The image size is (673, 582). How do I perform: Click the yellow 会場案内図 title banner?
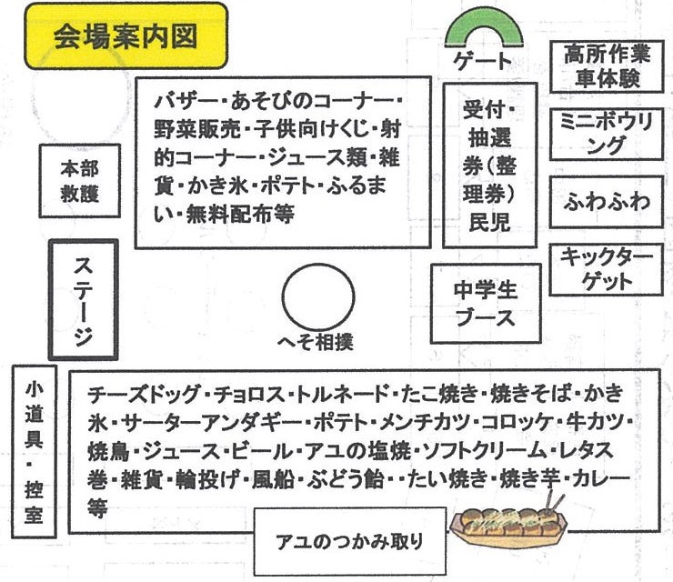tap(125, 36)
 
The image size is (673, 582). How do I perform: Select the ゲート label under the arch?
tap(482, 63)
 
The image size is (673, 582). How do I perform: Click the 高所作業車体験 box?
tap(607, 65)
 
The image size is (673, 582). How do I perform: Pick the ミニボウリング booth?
tap(607, 134)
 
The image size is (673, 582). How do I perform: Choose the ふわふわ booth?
tap(607, 201)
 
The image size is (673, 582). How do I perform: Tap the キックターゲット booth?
tap(607, 268)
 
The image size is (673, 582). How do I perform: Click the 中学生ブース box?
tap(485, 303)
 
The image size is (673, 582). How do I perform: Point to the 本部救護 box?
tap(79, 181)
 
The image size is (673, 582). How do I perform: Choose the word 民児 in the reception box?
tap(489, 223)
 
